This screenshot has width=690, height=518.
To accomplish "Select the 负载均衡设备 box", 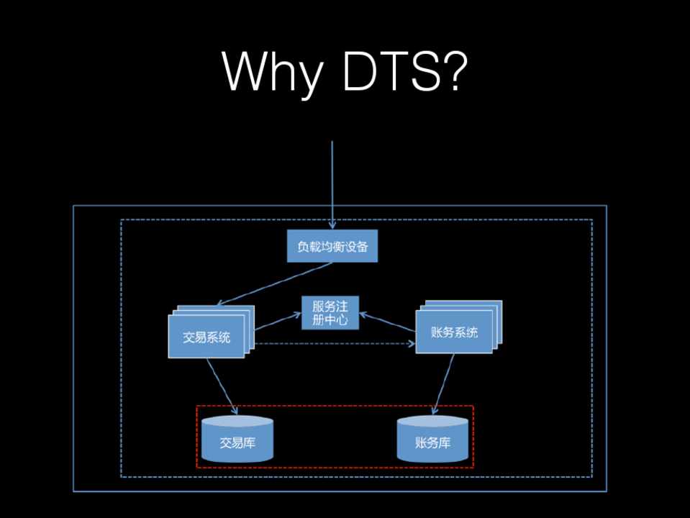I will tap(332, 247).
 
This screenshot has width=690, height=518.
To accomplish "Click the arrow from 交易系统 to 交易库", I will tap(222, 386).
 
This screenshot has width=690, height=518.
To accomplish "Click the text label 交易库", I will tap(237, 443).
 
